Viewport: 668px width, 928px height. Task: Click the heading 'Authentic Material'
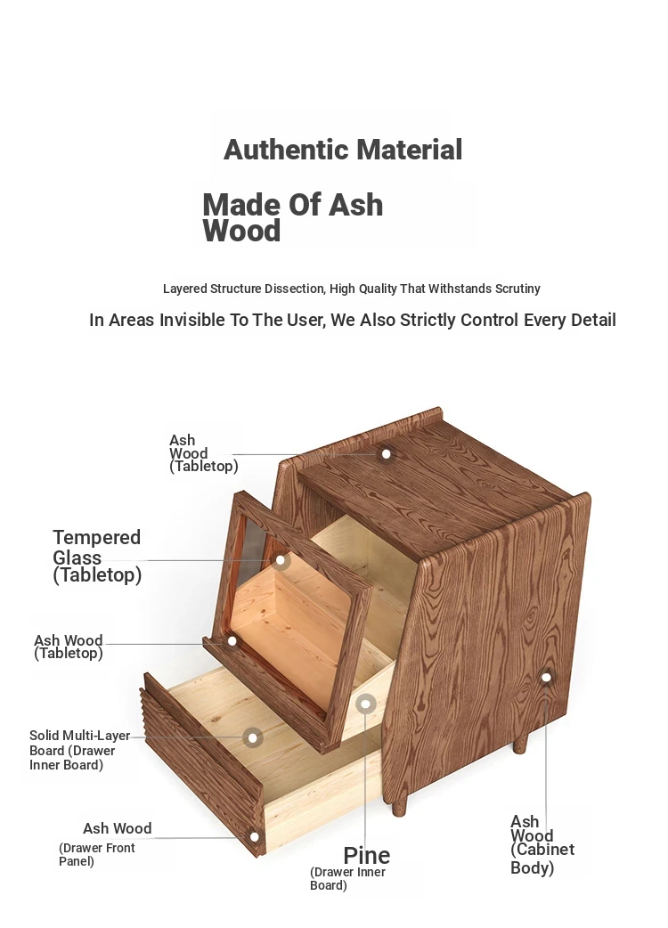click(343, 150)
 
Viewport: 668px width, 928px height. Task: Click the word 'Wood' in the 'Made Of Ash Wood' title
click(241, 231)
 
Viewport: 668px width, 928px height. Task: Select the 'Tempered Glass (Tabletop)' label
click(97, 557)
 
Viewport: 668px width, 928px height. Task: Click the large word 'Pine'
click(367, 856)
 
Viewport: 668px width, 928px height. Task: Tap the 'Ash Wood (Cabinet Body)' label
click(542, 844)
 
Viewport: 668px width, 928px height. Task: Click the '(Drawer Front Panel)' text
click(96, 855)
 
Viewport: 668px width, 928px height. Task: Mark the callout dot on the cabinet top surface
click(387, 454)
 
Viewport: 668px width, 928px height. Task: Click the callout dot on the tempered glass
click(281, 560)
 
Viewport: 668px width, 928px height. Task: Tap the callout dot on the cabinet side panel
click(546, 677)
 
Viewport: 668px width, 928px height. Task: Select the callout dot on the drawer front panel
click(255, 836)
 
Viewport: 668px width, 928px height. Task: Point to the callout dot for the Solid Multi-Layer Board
click(253, 737)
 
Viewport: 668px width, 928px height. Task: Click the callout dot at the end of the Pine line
click(366, 704)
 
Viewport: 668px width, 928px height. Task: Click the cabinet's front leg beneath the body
click(399, 805)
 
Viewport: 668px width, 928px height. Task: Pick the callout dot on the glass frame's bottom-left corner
click(232, 641)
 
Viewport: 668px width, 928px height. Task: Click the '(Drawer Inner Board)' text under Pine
click(347, 879)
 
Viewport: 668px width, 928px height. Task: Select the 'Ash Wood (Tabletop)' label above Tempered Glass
click(204, 453)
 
